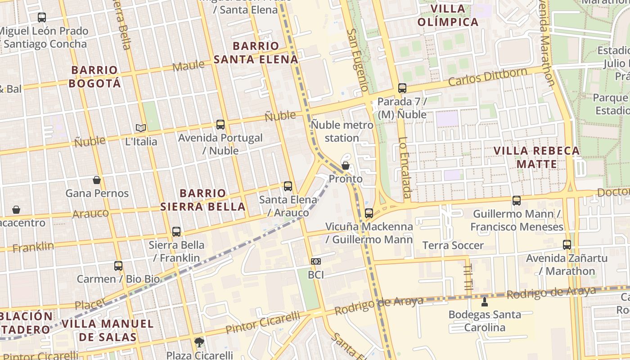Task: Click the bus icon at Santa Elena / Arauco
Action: pos(288,186)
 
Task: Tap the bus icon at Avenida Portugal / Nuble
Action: pos(220,125)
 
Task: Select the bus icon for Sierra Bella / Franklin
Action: pos(176,232)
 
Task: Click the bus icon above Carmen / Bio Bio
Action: pos(118,265)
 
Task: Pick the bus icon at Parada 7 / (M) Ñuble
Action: pos(402,88)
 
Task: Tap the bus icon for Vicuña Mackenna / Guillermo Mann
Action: pos(369,213)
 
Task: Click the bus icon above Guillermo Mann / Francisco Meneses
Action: pos(517,200)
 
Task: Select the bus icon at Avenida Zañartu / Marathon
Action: pos(567,245)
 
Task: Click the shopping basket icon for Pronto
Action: pos(346,166)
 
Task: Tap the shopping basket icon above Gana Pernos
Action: pos(97,180)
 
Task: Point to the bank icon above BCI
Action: pos(316,261)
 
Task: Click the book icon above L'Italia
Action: pos(141,128)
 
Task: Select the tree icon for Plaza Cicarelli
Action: pos(199,342)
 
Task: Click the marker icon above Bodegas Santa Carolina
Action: pos(485,301)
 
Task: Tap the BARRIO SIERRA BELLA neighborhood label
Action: pos(203,200)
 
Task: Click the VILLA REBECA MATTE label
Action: pos(536,157)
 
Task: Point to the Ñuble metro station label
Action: pos(342,131)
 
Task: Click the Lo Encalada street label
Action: pos(405,167)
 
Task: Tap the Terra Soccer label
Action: pos(453,245)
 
